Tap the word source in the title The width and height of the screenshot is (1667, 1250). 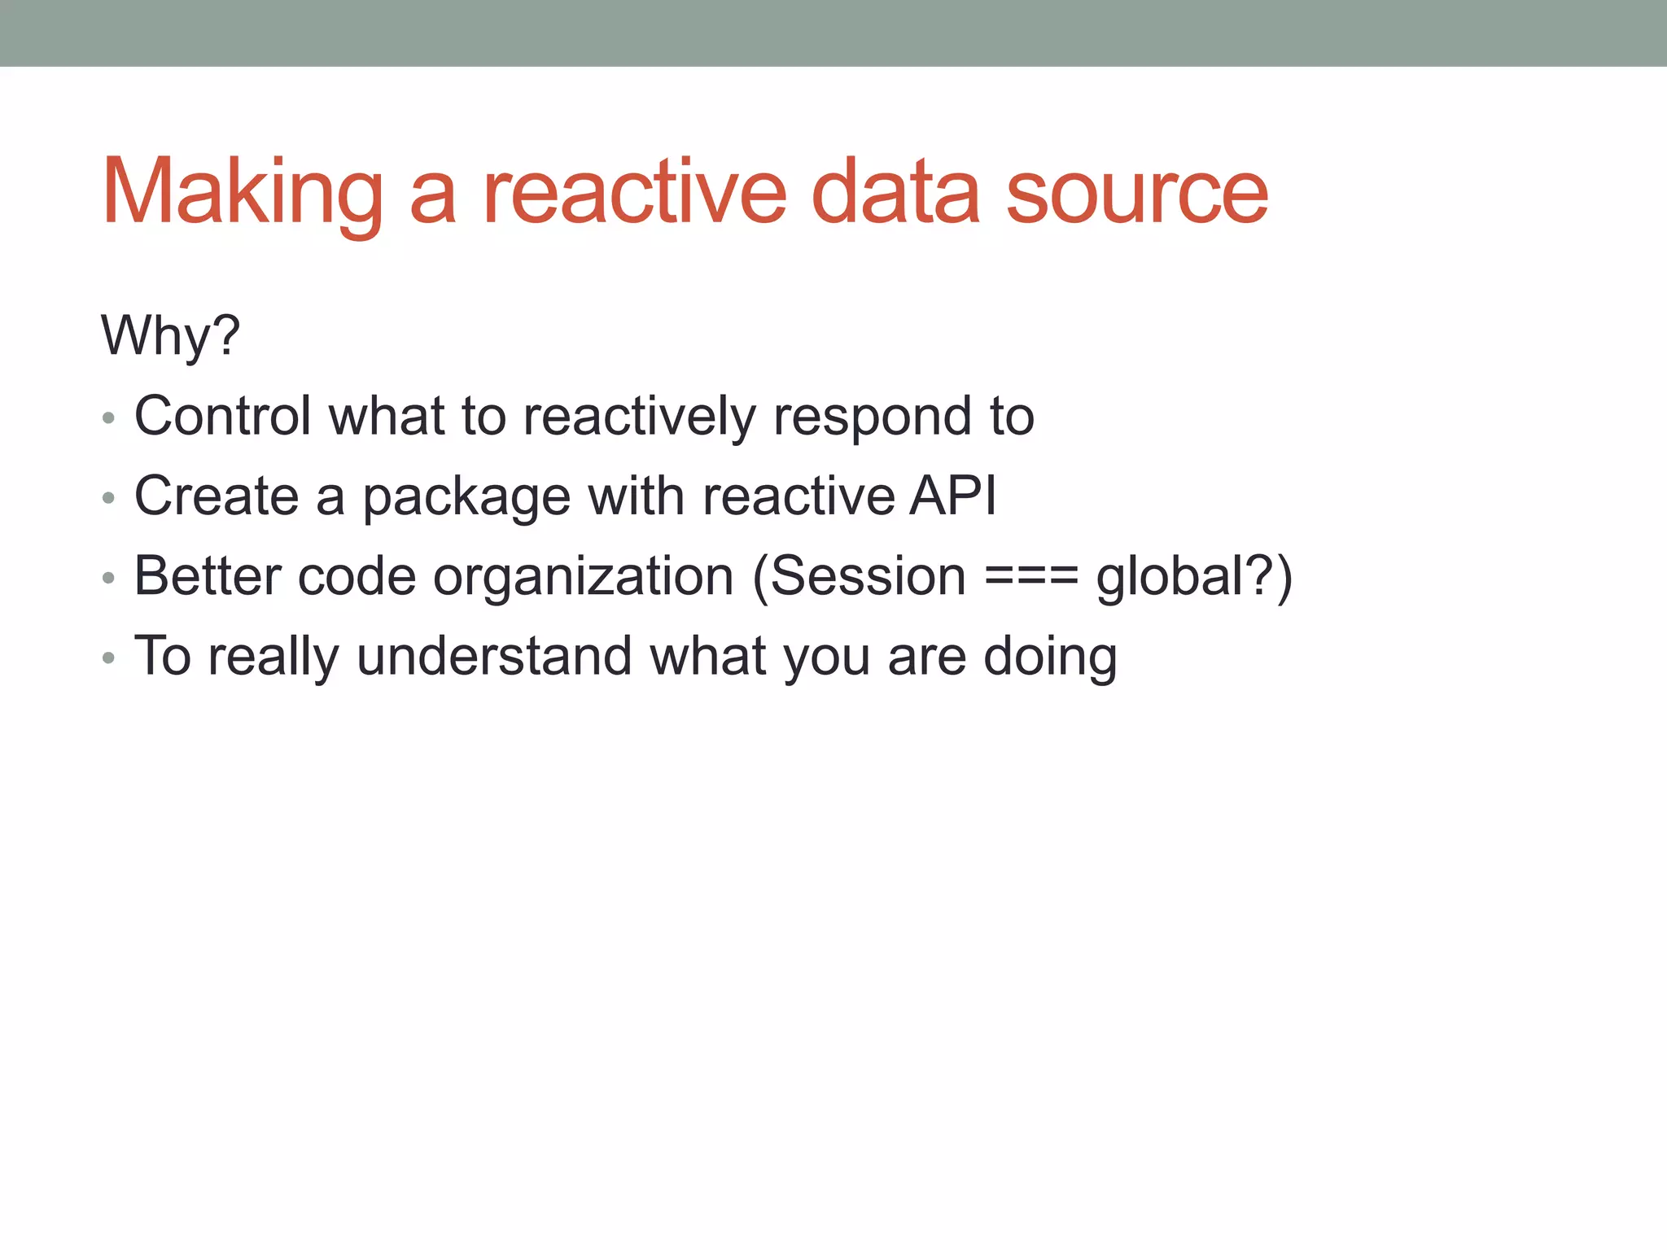click(x=1136, y=193)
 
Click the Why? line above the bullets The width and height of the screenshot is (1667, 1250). click(x=170, y=335)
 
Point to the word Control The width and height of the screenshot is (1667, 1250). click(x=222, y=416)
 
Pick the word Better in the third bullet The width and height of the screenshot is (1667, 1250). click(x=207, y=576)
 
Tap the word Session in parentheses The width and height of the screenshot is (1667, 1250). click(x=868, y=576)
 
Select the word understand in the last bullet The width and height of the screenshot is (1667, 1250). click(x=493, y=656)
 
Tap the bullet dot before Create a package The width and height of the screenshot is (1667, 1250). click(x=108, y=498)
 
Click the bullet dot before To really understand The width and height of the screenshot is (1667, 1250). click(x=108, y=658)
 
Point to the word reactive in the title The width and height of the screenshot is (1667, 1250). click(x=635, y=193)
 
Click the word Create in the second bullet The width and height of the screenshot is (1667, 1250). click(x=217, y=496)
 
